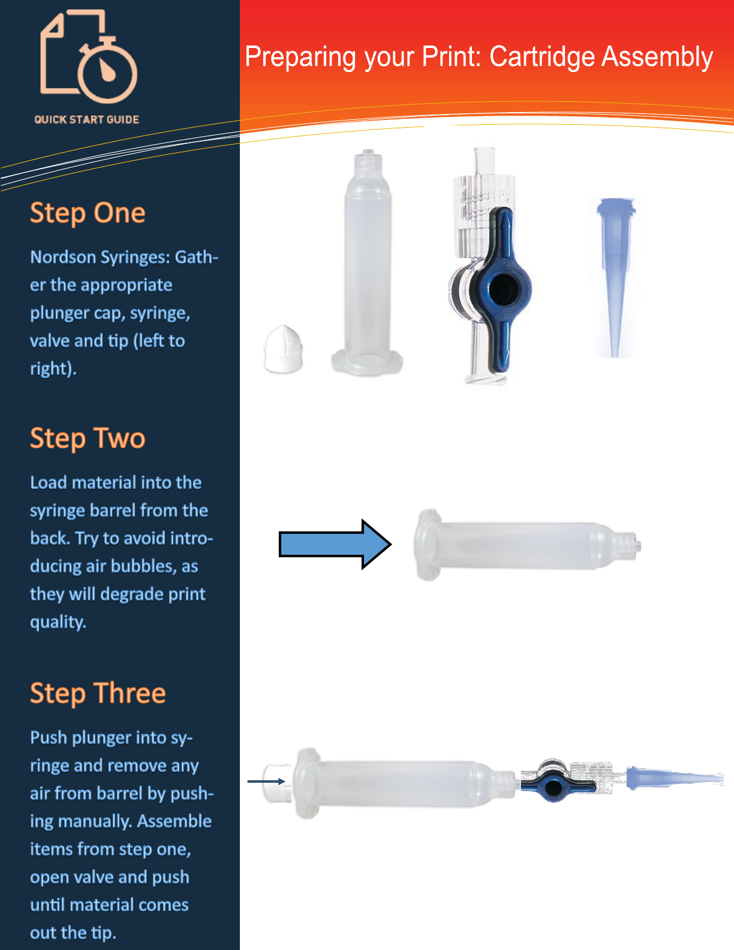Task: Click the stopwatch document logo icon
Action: tap(89, 56)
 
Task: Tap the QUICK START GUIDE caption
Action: tap(86, 120)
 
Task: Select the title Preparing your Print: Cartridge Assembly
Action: tap(479, 57)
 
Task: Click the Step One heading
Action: tap(88, 214)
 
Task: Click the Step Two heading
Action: tap(88, 438)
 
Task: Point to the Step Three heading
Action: tap(98, 693)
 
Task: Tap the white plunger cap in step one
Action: tap(283, 349)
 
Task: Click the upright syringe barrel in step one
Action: tap(366, 262)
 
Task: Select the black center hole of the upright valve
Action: tap(503, 290)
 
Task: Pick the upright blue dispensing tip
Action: tap(616, 277)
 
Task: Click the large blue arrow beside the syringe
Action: tap(335, 545)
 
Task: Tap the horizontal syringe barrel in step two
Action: tap(527, 545)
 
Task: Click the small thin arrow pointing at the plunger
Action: tap(266, 781)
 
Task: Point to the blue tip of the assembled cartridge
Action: tap(675, 778)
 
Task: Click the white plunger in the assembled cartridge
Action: tap(278, 783)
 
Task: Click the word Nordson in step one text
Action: tap(63, 257)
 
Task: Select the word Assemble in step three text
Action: tap(175, 821)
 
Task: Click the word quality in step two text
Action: tap(58, 623)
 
